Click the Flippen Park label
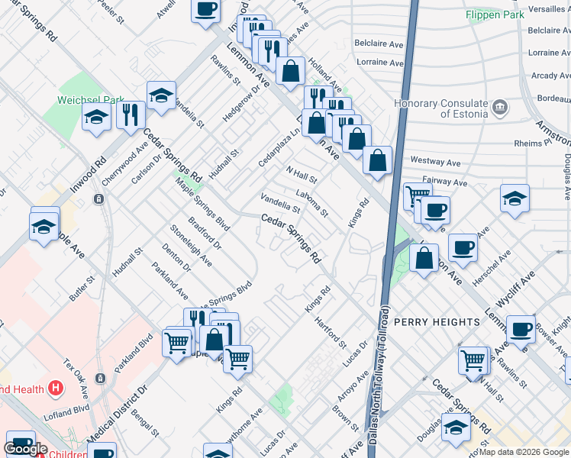click(495, 14)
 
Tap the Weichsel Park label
click(90, 100)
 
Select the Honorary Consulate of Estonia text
click(440, 109)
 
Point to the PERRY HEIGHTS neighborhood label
click(436, 322)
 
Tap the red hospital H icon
click(55, 389)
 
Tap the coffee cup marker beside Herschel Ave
click(463, 247)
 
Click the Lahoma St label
click(313, 202)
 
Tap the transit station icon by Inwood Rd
click(99, 198)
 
